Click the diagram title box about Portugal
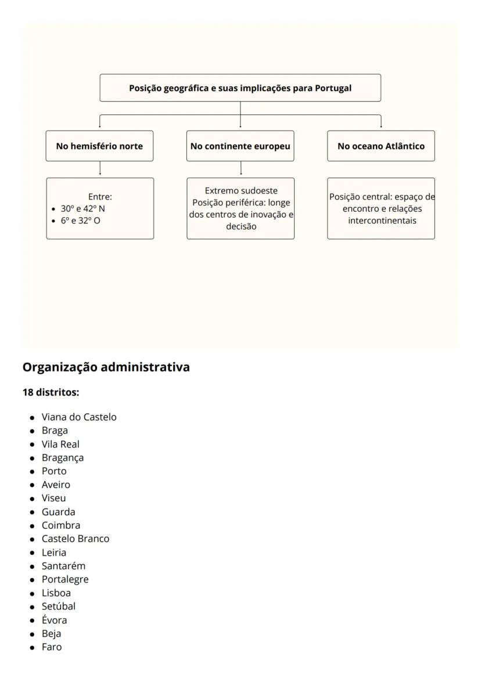coord(240,88)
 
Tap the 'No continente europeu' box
coord(240,146)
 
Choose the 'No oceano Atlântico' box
coord(381,146)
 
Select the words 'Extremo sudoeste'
coord(241,191)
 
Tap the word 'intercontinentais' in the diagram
coord(381,221)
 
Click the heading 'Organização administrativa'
coord(106,367)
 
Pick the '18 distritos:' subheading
coord(50,392)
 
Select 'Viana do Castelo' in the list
coord(79,417)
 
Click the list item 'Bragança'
coord(62,458)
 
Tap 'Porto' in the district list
coord(54,471)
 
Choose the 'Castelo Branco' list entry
coord(76,539)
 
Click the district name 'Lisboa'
coord(56,593)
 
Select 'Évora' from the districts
coord(54,620)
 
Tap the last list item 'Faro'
coord(51,647)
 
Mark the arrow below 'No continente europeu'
coord(240,169)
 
